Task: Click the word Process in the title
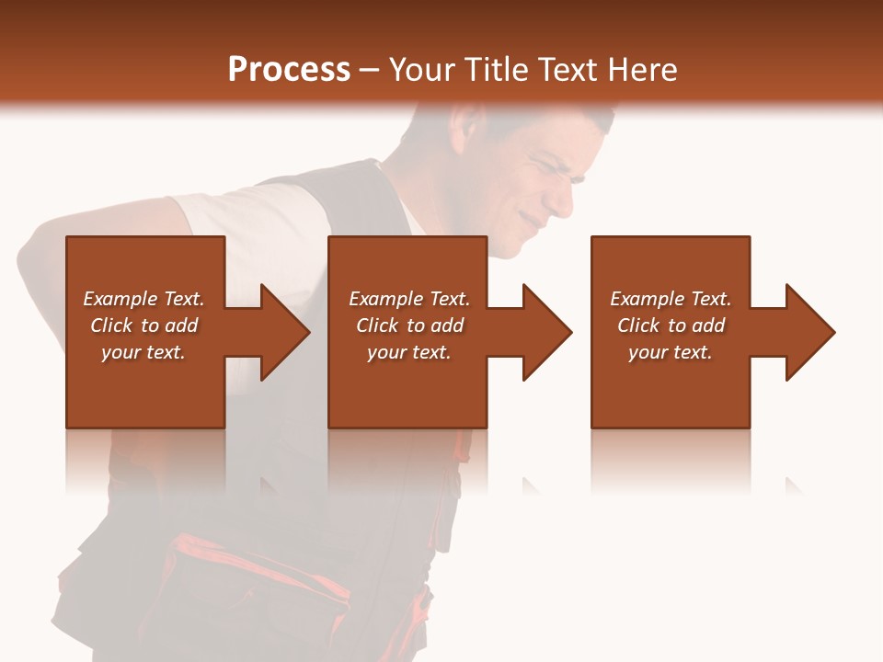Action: pyautogui.click(x=289, y=70)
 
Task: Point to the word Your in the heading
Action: pyautogui.click(x=421, y=70)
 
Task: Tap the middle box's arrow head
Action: pyautogui.click(x=546, y=332)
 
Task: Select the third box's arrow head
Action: pyautogui.click(x=809, y=332)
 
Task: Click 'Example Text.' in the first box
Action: pyautogui.click(x=143, y=299)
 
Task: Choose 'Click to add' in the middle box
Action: pyautogui.click(x=409, y=325)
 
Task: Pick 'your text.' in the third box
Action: pyautogui.click(x=671, y=352)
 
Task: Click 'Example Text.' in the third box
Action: pyautogui.click(x=671, y=299)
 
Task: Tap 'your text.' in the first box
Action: pyautogui.click(x=143, y=352)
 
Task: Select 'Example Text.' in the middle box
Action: pyautogui.click(x=409, y=299)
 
